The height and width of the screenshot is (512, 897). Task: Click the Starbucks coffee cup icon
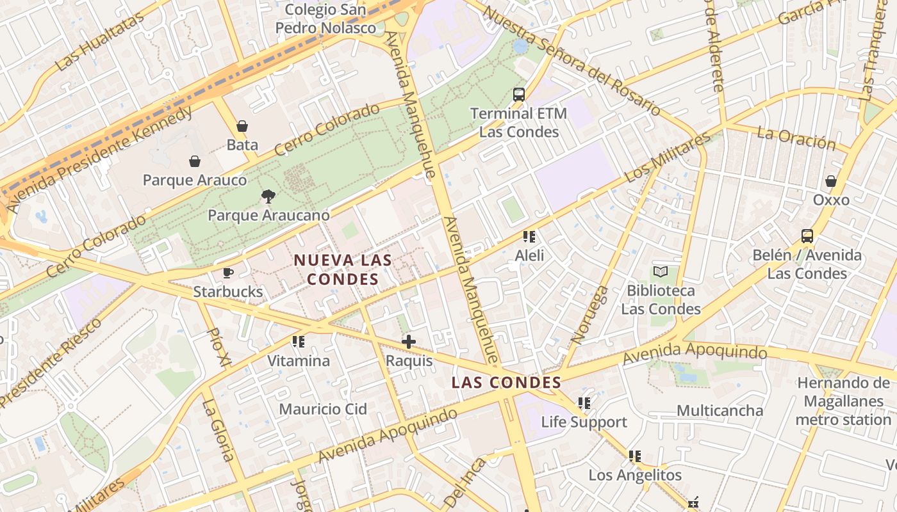coord(227,273)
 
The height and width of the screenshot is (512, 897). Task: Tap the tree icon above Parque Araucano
coord(268,196)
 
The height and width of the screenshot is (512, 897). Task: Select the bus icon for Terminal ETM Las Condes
coord(519,95)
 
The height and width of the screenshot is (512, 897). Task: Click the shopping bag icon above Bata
coord(242,126)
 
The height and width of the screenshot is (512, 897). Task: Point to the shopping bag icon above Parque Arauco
coord(195,161)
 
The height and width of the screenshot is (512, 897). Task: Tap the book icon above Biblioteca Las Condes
coord(661,272)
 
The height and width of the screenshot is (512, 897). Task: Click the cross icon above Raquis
coord(409,342)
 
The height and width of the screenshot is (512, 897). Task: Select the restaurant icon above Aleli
coord(529,237)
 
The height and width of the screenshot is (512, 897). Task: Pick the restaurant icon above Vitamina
coord(299,342)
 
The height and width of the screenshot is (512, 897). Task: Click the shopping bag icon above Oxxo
coord(831,181)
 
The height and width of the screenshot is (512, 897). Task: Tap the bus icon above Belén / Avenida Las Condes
coord(807,236)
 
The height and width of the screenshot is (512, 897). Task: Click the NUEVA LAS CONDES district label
coord(343,269)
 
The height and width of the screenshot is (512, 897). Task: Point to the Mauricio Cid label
coord(323,409)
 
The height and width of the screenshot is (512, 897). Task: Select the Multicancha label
coord(720,410)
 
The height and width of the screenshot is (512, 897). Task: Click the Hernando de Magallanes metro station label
coord(843,401)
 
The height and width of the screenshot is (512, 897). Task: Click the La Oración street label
coord(796,138)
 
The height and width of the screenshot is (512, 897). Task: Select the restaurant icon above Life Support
coord(584,403)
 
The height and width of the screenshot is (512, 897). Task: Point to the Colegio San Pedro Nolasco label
coord(325,19)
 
